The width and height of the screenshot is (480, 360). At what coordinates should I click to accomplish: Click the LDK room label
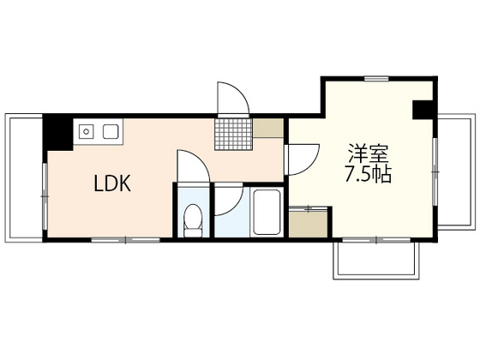[112, 183]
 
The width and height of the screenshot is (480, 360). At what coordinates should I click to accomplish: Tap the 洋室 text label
[368, 153]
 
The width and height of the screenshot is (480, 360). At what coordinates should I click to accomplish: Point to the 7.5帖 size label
[369, 174]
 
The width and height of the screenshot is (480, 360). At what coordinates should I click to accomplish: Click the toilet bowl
[193, 220]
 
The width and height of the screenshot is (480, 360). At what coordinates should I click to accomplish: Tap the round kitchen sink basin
[87, 132]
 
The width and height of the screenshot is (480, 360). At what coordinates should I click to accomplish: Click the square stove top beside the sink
[111, 132]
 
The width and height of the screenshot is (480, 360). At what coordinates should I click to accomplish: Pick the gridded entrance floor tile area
[233, 134]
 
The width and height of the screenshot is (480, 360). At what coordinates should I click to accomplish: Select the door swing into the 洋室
[314, 162]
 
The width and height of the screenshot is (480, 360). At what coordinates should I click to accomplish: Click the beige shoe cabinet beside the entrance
[268, 128]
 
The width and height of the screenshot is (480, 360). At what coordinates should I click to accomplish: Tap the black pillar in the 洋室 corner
[423, 110]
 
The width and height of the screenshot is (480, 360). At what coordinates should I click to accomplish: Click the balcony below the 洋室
[376, 261]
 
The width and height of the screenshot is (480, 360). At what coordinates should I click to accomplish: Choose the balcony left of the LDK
[24, 178]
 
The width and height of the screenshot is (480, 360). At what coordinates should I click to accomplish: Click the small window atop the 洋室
[376, 79]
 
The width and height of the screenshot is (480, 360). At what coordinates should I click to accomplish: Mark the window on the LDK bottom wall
[126, 240]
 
